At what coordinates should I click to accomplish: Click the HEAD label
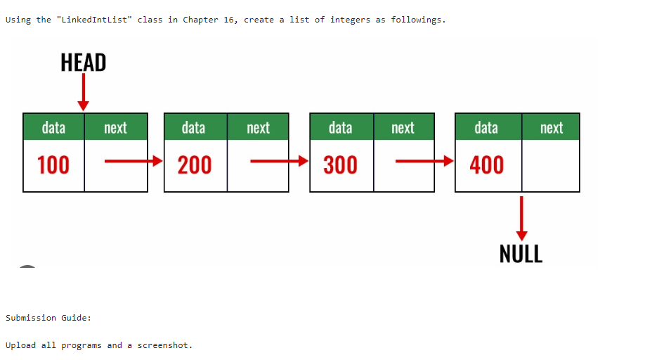(83, 63)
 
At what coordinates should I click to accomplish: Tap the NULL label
(521, 254)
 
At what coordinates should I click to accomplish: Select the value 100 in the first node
(53, 165)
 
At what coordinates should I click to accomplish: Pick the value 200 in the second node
(195, 165)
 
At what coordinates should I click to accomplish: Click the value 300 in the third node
(341, 165)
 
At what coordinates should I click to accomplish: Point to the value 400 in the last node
(487, 165)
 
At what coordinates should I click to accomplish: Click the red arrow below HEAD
(83, 92)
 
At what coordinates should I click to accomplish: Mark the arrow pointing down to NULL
(521, 218)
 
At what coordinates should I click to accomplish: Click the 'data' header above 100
(53, 127)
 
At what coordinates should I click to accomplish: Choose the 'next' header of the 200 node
(258, 127)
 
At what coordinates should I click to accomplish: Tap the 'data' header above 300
(341, 127)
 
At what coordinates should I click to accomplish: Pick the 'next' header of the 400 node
(551, 127)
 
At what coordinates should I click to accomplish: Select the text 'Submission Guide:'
(48, 318)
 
